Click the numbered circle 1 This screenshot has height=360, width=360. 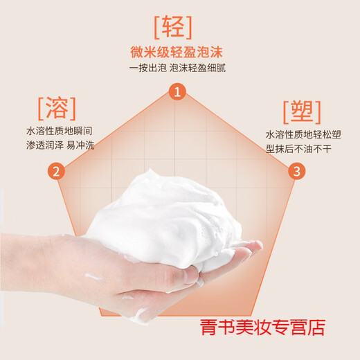pos(179,92)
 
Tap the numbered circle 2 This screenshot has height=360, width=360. pos(57,171)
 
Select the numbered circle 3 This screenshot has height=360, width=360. pos(296,171)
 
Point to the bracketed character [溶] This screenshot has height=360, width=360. pos(55,108)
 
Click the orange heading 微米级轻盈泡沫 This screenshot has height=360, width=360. pos(180,51)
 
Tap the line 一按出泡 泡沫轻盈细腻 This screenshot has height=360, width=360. pos(179,68)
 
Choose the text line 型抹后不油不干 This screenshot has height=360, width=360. pos(298,150)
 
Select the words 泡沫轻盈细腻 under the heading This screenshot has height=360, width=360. pos(197,68)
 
